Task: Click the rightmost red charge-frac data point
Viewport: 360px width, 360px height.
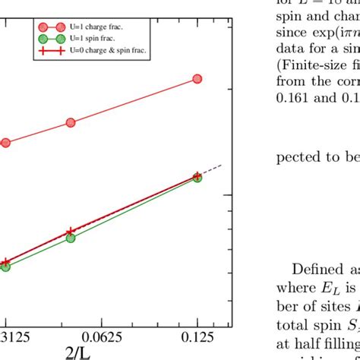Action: click(x=197, y=78)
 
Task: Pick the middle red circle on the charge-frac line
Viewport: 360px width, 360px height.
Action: click(x=71, y=122)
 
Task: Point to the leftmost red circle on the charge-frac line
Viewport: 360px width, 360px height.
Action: click(x=5, y=142)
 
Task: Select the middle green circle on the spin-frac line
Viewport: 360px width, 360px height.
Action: click(x=71, y=238)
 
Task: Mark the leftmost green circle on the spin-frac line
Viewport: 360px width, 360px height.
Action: click(x=5, y=267)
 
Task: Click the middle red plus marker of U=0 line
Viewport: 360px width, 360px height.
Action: click(x=70, y=231)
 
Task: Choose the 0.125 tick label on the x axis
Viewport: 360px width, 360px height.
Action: click(x=197, y=335)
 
